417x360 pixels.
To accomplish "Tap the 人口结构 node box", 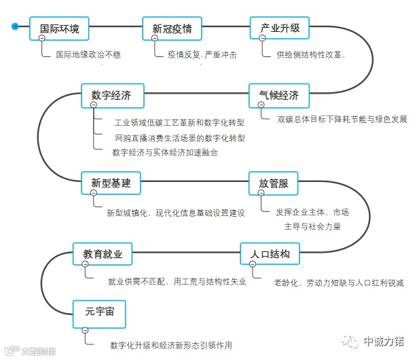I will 270,254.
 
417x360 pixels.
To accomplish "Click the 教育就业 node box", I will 103,254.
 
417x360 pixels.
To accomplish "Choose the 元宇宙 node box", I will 99,312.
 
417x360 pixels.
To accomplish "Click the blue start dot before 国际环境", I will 14,26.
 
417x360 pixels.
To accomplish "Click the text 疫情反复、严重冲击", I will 202,54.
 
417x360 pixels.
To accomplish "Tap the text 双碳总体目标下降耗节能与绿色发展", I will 342,120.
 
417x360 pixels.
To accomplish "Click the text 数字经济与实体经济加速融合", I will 165,152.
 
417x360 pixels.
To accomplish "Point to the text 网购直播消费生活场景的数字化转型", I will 179,137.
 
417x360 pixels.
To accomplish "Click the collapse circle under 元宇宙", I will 85,330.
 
